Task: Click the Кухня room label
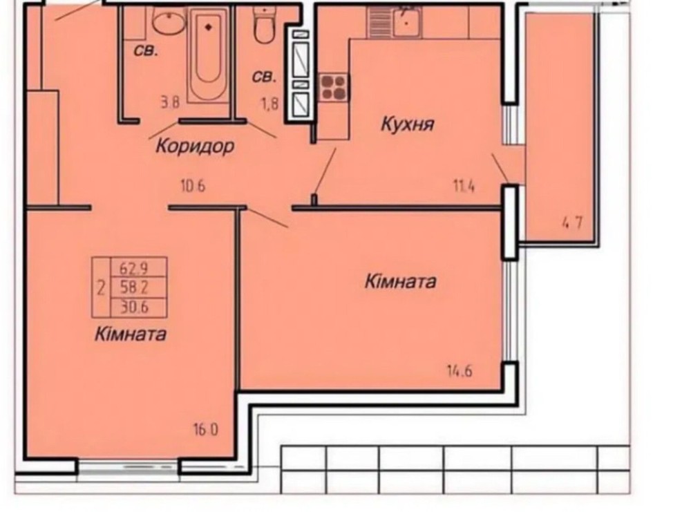[407, 124]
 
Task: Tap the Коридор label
[195, 146]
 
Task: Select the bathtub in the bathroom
[208, 55]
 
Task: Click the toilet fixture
[264, 25]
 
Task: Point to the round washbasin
[169, 21]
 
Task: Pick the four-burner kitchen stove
[333, 87]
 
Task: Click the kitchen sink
[407, 21]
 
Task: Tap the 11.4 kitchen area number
[464, 187]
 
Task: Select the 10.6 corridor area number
[193, 187]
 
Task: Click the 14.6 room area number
[460, 371]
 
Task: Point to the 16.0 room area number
[205, 429]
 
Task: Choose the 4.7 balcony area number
[571, 223]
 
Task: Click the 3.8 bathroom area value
[170, 103]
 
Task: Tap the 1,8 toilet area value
[269, 104]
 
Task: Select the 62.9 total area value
[134, 267]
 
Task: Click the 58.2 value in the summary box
[134, 287]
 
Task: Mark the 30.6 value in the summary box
[135, 307]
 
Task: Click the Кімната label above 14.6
[400, 281]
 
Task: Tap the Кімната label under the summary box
[131, 334]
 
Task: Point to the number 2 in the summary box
[101, 289]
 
